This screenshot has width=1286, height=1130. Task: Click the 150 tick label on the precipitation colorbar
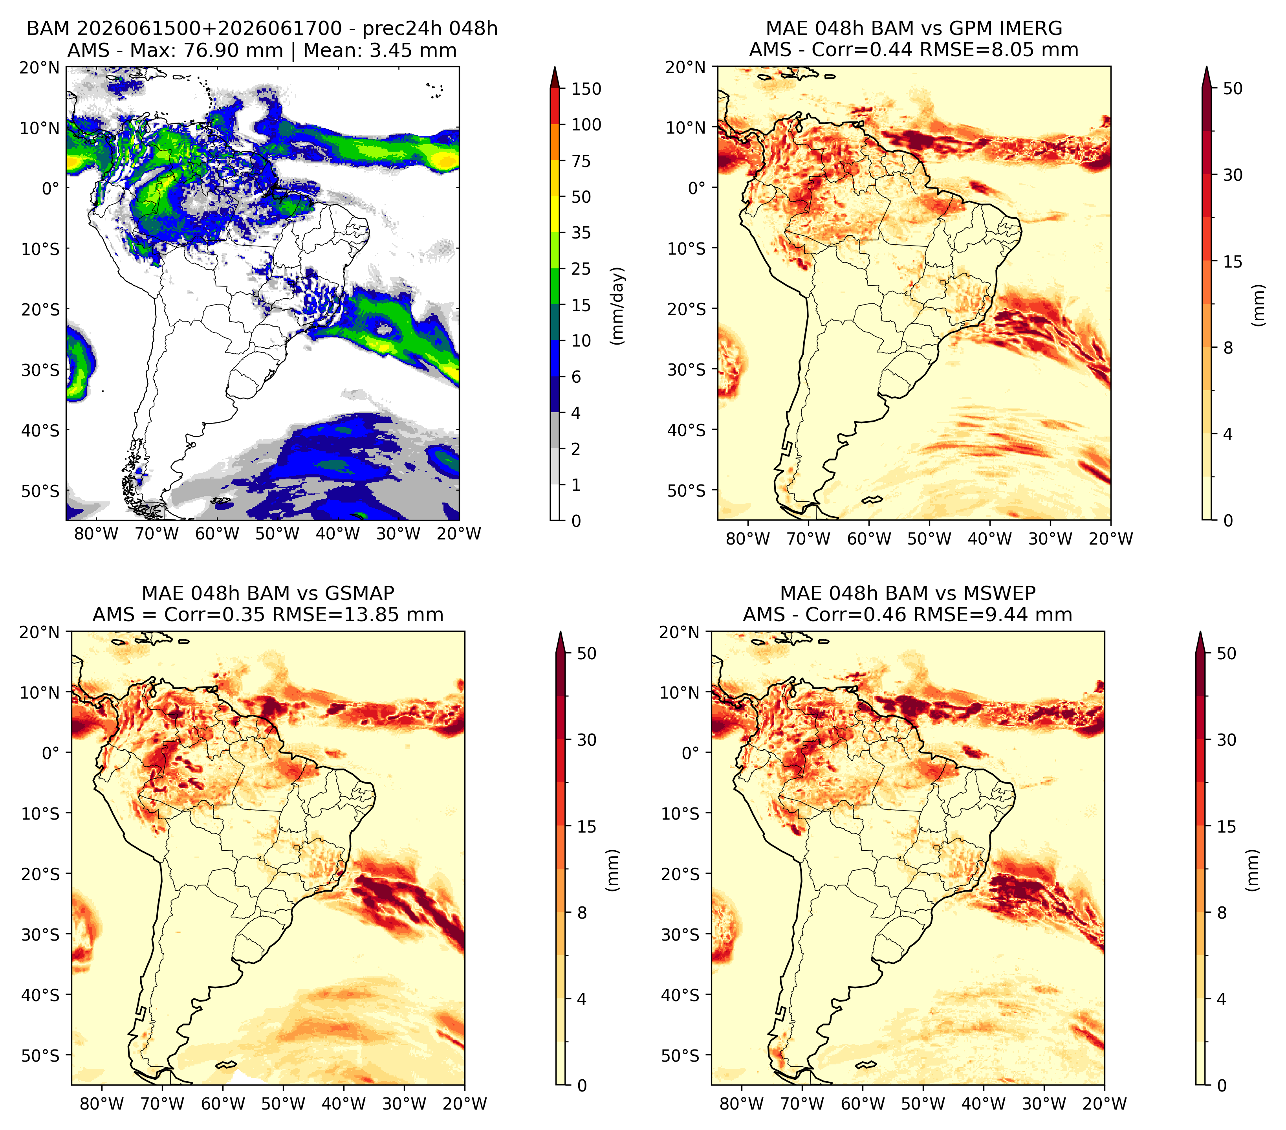click(586, 89)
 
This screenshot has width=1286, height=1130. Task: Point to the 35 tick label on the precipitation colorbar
click(581, 233)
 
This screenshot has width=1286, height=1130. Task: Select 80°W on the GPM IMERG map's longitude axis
click(747, 539)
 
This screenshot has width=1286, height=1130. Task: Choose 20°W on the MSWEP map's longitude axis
click(1104, 1104)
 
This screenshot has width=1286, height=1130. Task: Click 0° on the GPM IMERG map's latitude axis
click(696, 187)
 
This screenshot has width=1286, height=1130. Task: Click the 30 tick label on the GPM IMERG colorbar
click(1233, 175)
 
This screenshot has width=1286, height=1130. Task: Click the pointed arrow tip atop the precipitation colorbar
click(554, 67)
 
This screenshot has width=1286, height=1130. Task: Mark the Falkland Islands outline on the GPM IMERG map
click(872, 499)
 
